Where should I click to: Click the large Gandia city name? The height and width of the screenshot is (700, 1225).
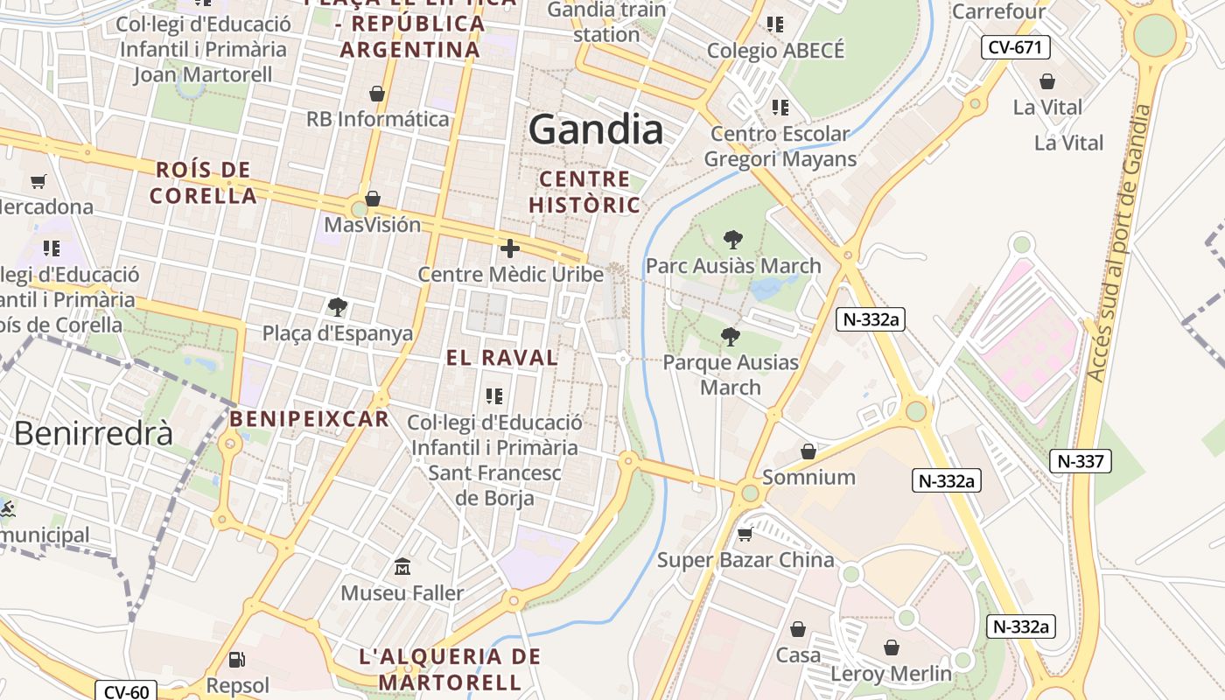pyautogui.click(x=596, y=130)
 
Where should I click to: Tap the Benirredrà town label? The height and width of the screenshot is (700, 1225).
pyautogui.click(x=94, y=433)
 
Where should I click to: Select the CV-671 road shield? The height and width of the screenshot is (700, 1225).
pyautogui.click(x=1015, y=47)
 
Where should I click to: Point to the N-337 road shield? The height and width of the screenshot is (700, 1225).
pyautogui.click(x=1081, y=461)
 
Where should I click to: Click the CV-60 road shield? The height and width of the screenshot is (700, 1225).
pyautogui.click(x=126, y=692)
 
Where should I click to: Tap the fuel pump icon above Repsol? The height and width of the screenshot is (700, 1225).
pyautogui.click(x=236, y=660)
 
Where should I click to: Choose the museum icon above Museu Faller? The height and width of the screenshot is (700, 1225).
pyautogui.click(x=402, y=567)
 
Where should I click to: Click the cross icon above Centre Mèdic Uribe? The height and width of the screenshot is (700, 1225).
pyautogui.click(x=510, y=248)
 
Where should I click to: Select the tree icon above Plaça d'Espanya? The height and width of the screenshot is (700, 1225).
pyautogui.click(x=338, y=307)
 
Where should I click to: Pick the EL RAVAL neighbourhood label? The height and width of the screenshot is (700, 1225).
pyautogui.click(x=502, y=358)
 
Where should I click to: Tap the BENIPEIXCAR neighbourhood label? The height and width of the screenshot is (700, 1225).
pyautogui.click(x=309, y=419)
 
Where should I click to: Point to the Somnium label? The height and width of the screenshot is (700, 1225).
pyautogui.click(x=808, y=477)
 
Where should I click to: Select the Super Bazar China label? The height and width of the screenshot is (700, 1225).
pyautogui.click(x=745, y=560)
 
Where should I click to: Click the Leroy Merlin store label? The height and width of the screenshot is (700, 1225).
pyautogui.click(x=891, y=674)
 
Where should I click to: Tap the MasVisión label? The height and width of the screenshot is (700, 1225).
pyautogui.click(x=373, y=225)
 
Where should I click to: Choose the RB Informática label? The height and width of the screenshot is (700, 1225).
pyautogui.click(x=378, y=119)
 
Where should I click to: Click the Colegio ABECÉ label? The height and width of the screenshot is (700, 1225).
pyautogui.click(x=776, y=51)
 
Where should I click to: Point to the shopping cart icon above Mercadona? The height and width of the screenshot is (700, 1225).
pyautogui.click(x=38, y=182)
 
